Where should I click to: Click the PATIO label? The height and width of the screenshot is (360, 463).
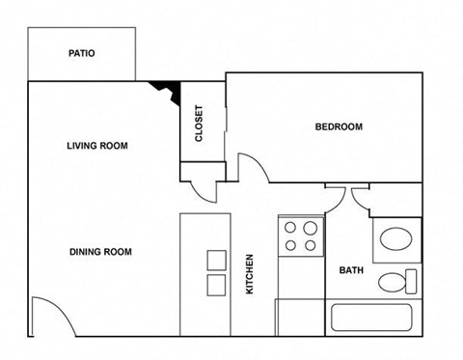click(81, 54)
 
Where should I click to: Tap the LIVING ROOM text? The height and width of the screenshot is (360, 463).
click(97, 147)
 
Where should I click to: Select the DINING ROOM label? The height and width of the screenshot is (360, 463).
click(100, 252)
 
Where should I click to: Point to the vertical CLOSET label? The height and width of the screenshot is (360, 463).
click(200, 124)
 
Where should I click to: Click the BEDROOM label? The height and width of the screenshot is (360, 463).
click(339, 127)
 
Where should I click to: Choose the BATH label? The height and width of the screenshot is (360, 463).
click(350, 271)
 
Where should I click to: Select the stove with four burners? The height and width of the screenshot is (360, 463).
click(300, 236)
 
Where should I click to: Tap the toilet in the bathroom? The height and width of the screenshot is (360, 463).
click(395, 283)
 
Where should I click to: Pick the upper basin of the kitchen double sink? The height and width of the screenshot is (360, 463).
click(216, 260)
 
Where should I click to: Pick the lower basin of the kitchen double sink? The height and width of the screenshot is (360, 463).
click(216, 284)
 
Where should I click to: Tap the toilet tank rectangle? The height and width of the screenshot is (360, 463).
click(413, 283)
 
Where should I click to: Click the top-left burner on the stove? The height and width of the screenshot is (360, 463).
click(290, 229)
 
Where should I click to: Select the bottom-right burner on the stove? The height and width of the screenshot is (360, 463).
click(311, 245)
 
